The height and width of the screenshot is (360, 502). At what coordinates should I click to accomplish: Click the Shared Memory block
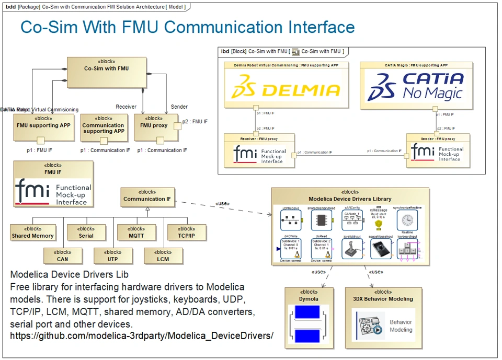tap(33, 233)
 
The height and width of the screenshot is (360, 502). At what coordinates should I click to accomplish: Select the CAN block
tap(63, 256)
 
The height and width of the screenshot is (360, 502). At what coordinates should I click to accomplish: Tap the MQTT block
tap(136, 233)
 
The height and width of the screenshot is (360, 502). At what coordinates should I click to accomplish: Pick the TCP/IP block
tap(187, 233)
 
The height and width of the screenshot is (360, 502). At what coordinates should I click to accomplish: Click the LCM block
tap(163, 256)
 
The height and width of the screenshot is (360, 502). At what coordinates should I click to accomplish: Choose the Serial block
tap(86, 233)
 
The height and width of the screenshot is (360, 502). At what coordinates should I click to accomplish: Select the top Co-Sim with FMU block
tap(107, 72)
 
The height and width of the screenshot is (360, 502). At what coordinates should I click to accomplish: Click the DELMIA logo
tap(286, 88)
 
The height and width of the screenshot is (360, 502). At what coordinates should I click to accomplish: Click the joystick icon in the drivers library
tap(350, 250)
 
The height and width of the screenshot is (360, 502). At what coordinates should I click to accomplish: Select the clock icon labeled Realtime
tap(407, 220)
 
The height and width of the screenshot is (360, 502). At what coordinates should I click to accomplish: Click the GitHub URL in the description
tap(142, 335)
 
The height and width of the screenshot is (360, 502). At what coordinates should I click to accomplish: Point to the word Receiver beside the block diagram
tap(126, 107)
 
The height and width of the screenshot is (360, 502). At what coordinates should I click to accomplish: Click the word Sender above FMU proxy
tap(179, 107)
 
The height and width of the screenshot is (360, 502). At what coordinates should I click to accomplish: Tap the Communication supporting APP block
tap(104, 128)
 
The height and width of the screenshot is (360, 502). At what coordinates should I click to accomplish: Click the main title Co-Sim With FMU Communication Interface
tap(187, 27)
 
